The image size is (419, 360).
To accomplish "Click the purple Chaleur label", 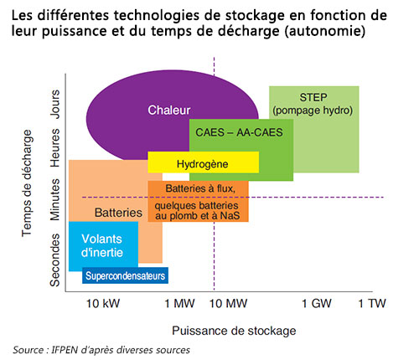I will coord(170,111).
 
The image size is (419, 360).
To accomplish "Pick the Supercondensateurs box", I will coord(125,275).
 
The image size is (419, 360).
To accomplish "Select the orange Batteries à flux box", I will coord(198,201).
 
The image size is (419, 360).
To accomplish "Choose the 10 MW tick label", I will coord(227,302).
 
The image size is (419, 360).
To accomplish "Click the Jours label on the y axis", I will coord(55,103).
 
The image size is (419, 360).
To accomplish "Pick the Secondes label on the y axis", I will coord(55,260).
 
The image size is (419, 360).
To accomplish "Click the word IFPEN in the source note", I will coord(65,350).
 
